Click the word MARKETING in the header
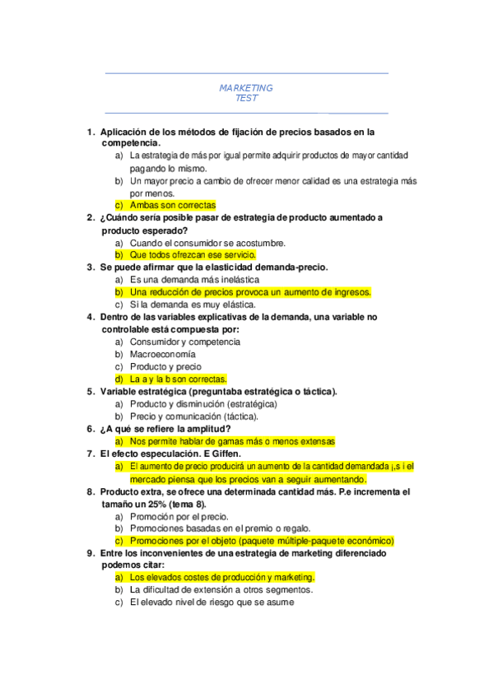pos(246,88)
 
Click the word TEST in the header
pos(246,99)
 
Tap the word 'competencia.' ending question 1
pos(130,143)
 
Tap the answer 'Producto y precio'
pos(165,366)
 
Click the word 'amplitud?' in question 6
pos(207,429)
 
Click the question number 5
pos(91,392)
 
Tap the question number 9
pos(91,553)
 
